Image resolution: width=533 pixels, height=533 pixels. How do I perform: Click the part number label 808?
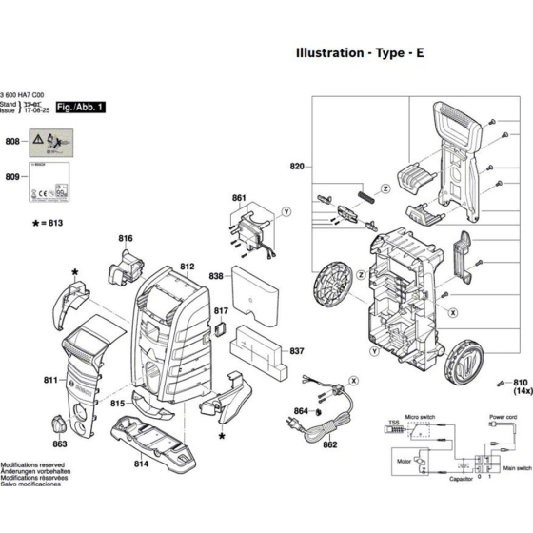click(x=11, y=141)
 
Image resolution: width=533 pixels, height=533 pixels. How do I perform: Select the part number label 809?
click(x=11, y=177)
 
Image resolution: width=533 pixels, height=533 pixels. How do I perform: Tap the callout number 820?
click(x=296, y=167)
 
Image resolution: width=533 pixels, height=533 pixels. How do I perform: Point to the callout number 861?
click(x=239, y=198)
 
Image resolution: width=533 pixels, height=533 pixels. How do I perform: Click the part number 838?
click(x=216, y=276)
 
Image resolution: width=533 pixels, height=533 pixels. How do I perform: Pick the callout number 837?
click(x=297, y=351)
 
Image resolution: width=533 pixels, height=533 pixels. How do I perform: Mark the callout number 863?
click(x=60, y=444)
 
